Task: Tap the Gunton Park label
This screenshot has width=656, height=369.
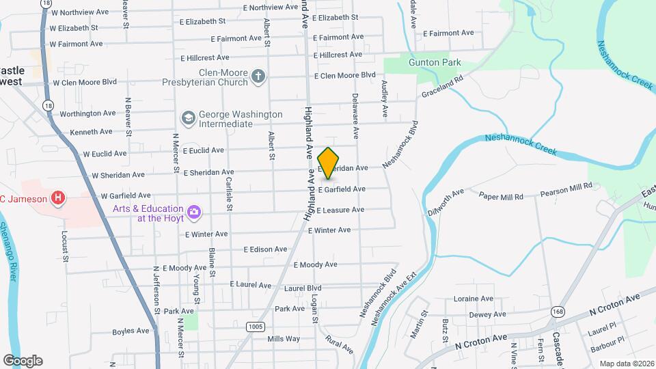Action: (435, 62)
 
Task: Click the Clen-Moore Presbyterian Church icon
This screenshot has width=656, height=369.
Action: (258, 75)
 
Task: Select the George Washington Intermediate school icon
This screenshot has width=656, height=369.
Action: (187, 119)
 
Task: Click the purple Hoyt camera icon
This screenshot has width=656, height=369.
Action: (194, 212)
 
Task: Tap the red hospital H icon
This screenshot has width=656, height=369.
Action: (59, 199)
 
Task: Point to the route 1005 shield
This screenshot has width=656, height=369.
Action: (255, 327)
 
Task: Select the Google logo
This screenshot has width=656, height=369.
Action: (23, 360)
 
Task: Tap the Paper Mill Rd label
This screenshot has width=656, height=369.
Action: (501, 197)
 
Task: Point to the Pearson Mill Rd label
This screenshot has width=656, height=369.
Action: (566, 185)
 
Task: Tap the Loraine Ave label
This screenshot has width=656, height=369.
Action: (474, 299)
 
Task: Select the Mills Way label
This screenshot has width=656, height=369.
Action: (284, 339)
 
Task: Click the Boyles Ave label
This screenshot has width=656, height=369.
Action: (131, 331)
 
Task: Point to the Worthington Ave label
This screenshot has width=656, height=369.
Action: (88, 113)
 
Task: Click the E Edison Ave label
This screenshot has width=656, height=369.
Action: (266, 249)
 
